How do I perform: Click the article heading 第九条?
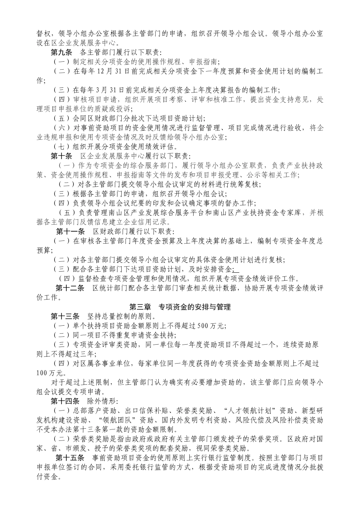62,52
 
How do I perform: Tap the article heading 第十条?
62,156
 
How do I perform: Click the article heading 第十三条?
65,316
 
